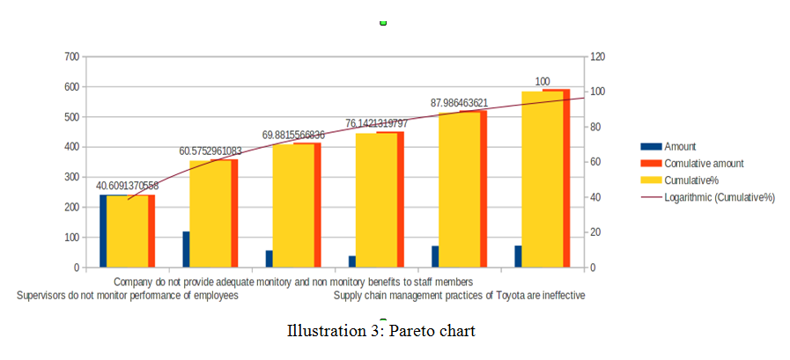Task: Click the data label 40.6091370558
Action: [x=127, y=186]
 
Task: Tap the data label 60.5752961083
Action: [x=210, y=151]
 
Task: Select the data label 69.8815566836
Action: [x=293, y=135]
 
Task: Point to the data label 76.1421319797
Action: [x=376, y=123]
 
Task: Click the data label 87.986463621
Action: [x=459, y=103]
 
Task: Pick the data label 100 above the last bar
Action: [x=543, y=82]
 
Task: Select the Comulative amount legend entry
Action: [x=704, y=164]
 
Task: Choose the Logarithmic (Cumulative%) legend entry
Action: [x=719, y=197]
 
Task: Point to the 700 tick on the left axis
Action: [x=72, y=57]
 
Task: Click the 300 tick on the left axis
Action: [x=72, y=177]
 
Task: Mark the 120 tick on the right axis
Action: [x=599, y=57]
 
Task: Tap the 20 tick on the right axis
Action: [x=596, y=232]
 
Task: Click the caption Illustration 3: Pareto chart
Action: [x=380, y=333]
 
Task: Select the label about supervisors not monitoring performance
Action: [x=128, y=296]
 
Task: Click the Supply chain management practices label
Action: [x=459, y=296]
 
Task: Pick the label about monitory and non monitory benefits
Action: [x=293, y=283]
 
